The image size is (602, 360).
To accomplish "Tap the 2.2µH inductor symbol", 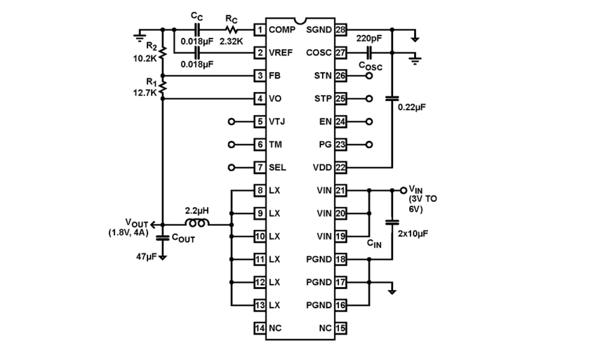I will click(x=197, y=224).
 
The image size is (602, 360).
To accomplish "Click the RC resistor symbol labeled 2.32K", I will click(x=231, y=30).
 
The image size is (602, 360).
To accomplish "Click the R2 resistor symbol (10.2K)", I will click(x=163, y=52).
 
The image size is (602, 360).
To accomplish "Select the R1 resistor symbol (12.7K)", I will click(x=163, y=87).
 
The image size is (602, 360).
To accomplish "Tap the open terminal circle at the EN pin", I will click(x=369, y=122).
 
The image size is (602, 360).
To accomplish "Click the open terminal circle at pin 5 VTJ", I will click(x=232, y=122).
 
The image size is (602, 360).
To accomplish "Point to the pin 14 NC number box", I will click(x=260, y=328).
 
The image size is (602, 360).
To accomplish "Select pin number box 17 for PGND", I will click(x=341, y=282).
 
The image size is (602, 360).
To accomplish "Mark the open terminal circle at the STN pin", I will click(x=369, y=76).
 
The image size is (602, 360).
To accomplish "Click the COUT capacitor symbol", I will click(x=163, y=237).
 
